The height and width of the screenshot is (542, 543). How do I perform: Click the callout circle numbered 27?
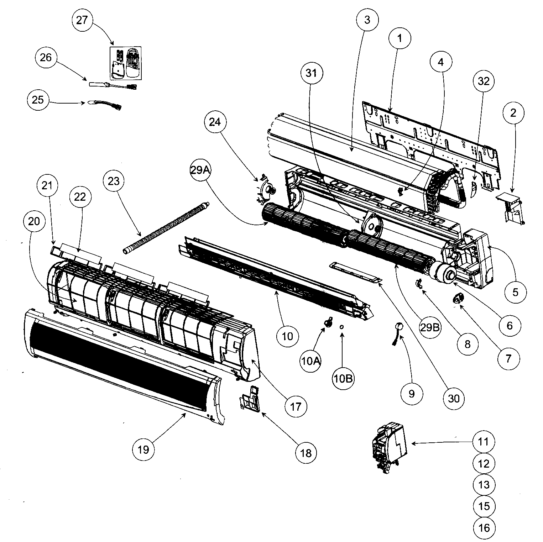click(x=82, y=20)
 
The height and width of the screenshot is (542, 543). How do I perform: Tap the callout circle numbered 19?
click(x=143, y=449)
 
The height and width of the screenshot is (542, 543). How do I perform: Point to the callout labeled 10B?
click(x=343, y=379)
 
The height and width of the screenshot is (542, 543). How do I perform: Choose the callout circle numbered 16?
click(x=484, y=528)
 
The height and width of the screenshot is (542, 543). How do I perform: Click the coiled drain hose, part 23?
click(x=166, y=228)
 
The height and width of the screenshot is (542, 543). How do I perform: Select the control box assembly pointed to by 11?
click(x=389, y=446)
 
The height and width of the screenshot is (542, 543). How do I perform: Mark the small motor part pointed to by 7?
click(x=458, y=298)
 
